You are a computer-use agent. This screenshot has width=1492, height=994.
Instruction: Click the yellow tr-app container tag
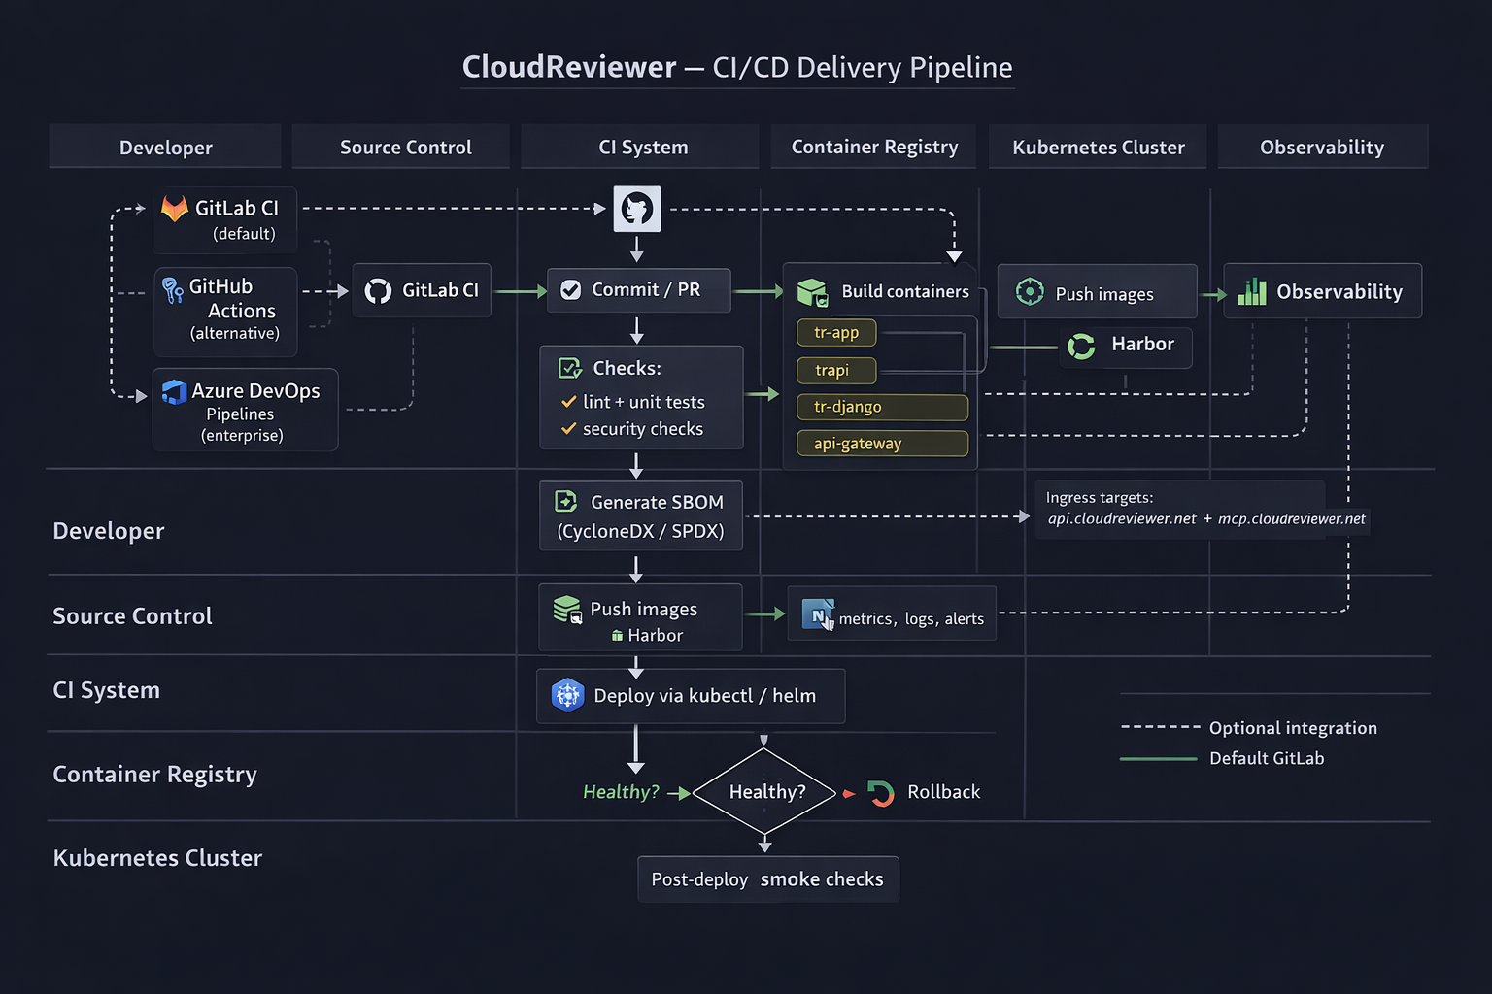pyautogui.click(x=836, y=332)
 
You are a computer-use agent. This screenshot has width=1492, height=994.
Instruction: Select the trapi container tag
pyautogui.click(x=836, y=370)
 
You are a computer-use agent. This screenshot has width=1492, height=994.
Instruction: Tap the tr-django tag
pyautogui.click(x=882, y=407)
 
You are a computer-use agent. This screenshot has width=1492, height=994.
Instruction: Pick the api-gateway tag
pyautogui.click(x=882, y=444)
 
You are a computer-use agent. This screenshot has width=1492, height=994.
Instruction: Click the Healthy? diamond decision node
pyautogui.click(x=764, y=791)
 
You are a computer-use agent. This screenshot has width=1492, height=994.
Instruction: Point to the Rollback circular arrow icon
pyautogui.click(x=881, y=793)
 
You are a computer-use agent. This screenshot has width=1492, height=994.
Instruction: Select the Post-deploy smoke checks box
pyautogui.click(x=768, y=878)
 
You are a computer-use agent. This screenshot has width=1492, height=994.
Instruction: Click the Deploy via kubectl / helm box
pyautogui.click(x=691, y=696)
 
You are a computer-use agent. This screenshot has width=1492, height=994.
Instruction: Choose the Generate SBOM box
pyautogui.click(x=641, y=516)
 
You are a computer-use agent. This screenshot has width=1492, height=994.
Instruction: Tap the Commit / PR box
pyautogui.click(x=639, y=290)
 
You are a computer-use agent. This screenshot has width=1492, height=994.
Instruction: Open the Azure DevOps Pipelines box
pyautogui.click(x=245, y=410)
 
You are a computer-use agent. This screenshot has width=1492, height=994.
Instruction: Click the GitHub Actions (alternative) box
pyautogui.click(x=225, y=312)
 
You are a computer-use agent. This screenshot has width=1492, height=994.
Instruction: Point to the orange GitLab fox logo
pyautogui.click(x=175, y=209)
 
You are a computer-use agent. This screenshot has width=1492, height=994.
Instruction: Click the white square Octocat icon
pyautogui.click(x=637, y=209)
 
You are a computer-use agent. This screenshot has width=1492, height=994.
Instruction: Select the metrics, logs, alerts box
pyautogui.click(x=892, y=613)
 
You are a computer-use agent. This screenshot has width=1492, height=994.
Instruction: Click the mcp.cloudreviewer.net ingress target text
pyautogui.click(x=1292, y=518)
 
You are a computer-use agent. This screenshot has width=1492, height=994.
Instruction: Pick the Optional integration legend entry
pyautogui.click(x=1249, y=728)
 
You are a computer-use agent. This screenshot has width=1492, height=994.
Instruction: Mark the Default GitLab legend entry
pyautogui.click(x=1222, y=758)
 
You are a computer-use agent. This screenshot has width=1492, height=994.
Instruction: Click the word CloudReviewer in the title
pyautogui.click(x=569, y=67)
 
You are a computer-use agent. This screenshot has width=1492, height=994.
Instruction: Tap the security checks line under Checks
pyautogui.click(x=632, y=429)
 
